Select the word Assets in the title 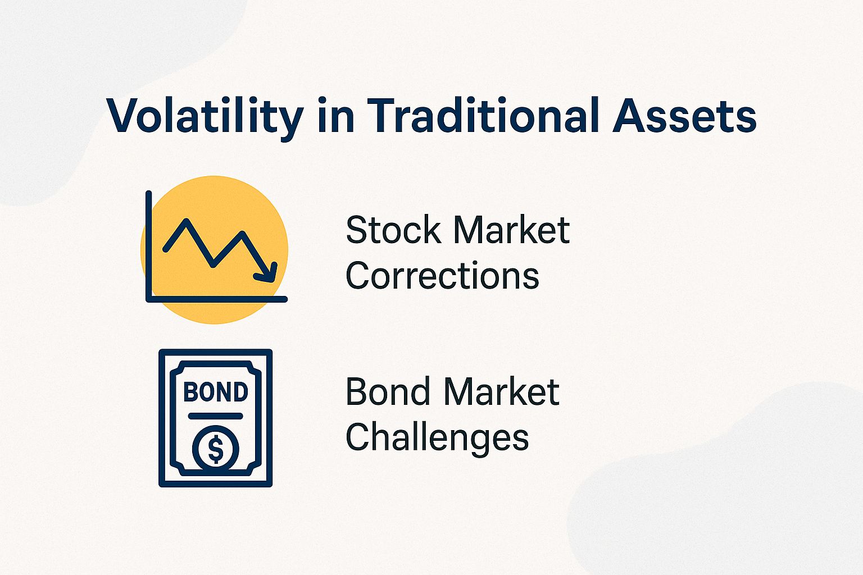pos(684,116)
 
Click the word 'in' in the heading pos(335,116)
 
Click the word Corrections pos(442,276)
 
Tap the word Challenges pos(437,437)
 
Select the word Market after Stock pos(511,230)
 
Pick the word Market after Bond pos(502,392)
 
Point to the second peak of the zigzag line pos(242,233)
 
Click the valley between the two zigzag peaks pos(213,264)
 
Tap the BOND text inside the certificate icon pos(216,392)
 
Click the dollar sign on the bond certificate pos(216,449)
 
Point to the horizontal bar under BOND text pos(216,416)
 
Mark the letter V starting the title pos(125,116)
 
